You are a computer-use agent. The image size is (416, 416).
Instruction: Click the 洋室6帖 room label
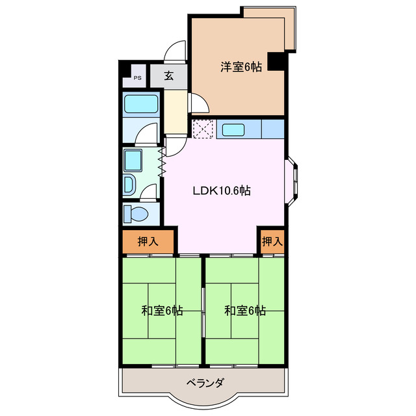240,66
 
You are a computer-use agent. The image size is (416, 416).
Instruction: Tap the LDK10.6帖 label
222,190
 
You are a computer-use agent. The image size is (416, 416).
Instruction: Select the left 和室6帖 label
162,311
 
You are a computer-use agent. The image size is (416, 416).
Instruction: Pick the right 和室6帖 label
245,311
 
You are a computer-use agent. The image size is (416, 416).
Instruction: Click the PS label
137,78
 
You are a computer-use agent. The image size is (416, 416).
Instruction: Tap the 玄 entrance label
168,75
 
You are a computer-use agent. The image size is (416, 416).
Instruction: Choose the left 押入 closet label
148,241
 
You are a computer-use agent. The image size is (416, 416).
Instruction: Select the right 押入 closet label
272,241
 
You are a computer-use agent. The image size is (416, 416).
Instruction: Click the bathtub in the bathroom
142,104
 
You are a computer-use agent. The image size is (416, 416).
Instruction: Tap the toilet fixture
137,213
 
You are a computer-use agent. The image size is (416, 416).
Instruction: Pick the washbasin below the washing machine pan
129,185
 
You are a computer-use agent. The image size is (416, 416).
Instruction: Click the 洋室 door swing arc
198,104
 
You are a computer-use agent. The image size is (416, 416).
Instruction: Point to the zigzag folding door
161,154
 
